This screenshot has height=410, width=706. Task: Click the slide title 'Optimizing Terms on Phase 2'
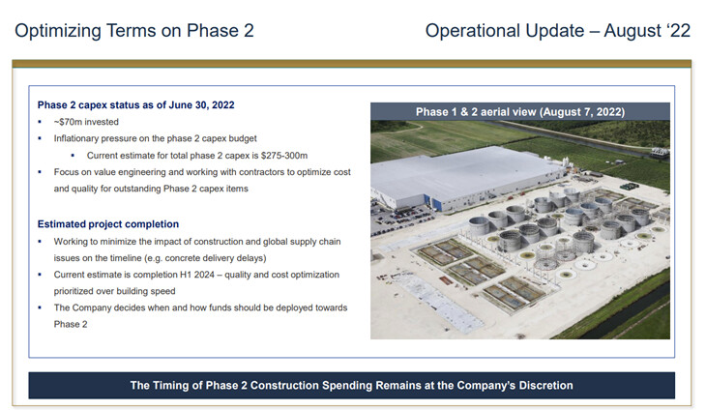[134, 31]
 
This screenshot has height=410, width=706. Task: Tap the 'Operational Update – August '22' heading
[558, 31]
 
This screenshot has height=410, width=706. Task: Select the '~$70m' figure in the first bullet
[68, 122]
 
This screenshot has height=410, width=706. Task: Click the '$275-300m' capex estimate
[284, 156]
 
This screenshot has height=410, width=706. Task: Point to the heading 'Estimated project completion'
[108, 224]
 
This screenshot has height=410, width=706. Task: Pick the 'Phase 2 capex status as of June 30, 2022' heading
[136, 104]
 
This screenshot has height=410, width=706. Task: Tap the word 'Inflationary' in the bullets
[76, 138]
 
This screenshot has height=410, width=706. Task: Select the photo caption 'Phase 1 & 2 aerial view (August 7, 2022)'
[520, 111]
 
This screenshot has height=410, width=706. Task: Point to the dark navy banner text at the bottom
[352, 385]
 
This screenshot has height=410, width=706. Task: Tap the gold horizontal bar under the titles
[352, 64]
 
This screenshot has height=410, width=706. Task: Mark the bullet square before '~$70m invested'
[40, 122]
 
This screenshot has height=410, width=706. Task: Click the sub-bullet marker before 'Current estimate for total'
[73, 156]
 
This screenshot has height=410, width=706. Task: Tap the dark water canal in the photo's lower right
[631, 315]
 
